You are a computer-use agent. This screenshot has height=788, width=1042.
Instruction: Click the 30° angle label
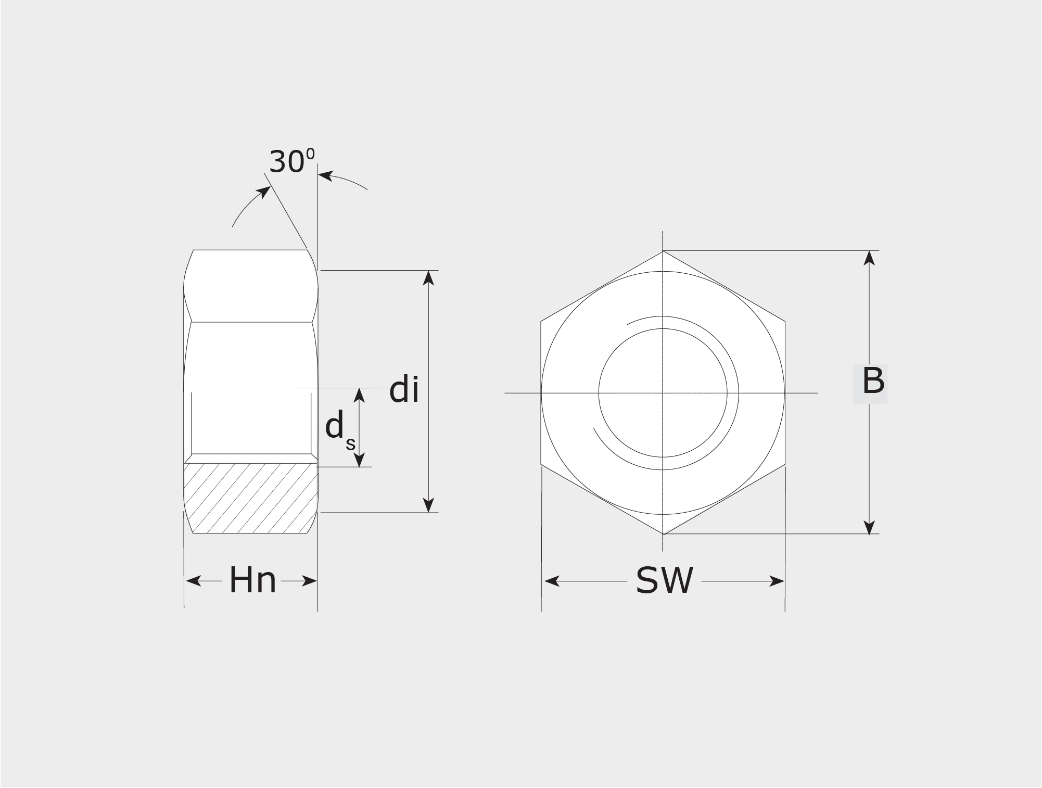(x=292, y=161)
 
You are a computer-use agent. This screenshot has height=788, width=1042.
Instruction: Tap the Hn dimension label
(x=252, y=580)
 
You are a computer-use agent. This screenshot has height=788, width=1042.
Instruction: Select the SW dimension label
(x=665, y=580)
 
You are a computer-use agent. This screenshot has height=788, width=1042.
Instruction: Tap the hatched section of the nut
(x=250, y=498)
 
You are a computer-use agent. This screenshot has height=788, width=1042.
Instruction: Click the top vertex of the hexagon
(x=663, y=251)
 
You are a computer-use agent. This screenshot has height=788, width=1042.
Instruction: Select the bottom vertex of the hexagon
(x=663, y=534)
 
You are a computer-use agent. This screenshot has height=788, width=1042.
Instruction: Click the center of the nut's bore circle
(x=663, y=392)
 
